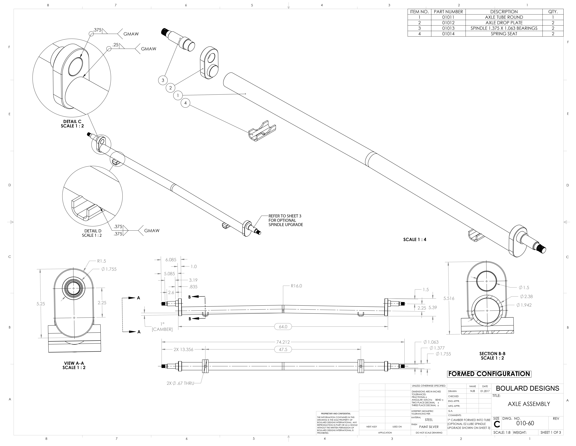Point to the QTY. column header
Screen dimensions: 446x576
click(x=553, y=12)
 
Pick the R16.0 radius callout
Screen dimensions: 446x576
click(x=296, y=286)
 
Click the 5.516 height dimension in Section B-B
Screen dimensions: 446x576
click(x=449, y=298)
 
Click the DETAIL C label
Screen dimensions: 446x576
click(x=72, y=122)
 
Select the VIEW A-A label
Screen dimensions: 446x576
click(x=74, y=363)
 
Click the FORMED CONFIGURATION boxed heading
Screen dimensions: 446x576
click(x=489, y=374)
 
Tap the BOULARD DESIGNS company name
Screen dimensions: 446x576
click(x=527, y=388)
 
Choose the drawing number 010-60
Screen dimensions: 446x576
click(x=525, y=423)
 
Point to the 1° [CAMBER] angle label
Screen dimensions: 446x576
click(x=162, y=327)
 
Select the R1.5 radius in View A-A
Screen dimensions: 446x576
click(x=101, y=261)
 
